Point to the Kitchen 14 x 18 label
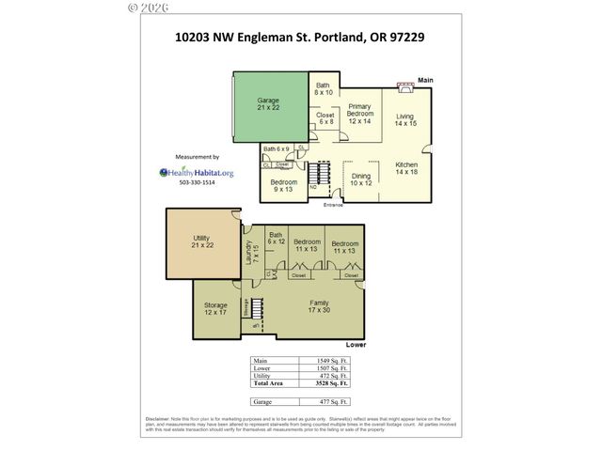404,168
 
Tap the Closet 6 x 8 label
325,119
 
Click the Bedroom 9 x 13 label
283,185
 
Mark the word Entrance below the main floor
333,204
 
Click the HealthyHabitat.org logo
198,172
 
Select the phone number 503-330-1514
198,183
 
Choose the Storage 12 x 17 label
215,308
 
